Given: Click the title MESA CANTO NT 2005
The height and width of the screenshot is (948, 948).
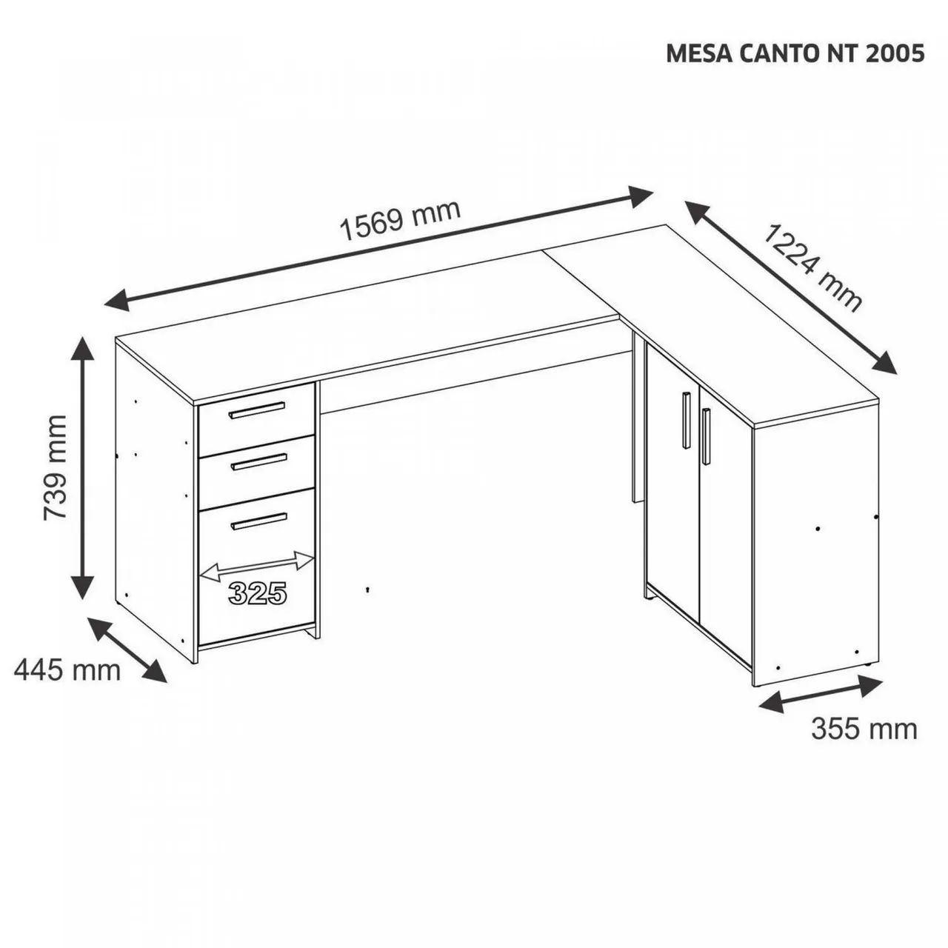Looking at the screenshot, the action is coord(795,54).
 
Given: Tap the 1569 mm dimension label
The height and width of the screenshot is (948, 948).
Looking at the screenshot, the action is coord(401,221).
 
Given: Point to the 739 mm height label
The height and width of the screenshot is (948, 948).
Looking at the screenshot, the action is coord(55,468).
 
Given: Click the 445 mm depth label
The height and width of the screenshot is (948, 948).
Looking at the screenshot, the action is coord(67,670).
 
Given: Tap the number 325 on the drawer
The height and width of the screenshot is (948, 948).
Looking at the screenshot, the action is coord(257,593).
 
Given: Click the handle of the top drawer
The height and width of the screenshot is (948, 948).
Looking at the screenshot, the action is coord(256,410).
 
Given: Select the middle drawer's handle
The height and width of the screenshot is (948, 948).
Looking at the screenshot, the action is coord(258,462).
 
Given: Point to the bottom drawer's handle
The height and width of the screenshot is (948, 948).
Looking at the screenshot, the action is coord(258,521).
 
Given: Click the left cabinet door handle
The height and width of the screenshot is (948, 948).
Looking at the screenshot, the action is coord(686,420).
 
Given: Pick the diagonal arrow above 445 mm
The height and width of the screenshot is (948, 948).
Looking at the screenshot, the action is coord(127,650).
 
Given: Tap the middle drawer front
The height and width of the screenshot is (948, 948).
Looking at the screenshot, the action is coord(256,472).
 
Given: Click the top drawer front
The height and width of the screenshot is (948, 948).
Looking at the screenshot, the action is coord(256,420).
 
